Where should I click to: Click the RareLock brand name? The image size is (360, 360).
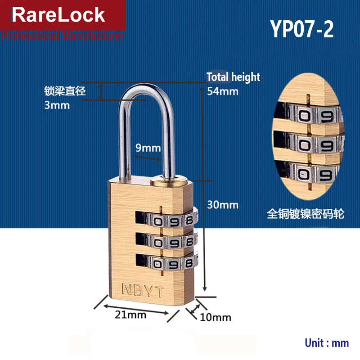(58, 15)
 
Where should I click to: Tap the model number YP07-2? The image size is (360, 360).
(302, 29)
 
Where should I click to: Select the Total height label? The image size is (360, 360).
(233, 77)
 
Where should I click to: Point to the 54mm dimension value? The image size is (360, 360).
(222, 91)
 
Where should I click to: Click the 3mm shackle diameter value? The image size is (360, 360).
(57, 105)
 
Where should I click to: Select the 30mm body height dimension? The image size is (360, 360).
(222, 205)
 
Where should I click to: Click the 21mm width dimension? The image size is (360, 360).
(130, 315)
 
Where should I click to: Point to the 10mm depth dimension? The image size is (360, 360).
(216, 317)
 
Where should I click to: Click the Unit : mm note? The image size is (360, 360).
(327, 342)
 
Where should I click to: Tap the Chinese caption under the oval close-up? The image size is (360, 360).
(306, 214)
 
